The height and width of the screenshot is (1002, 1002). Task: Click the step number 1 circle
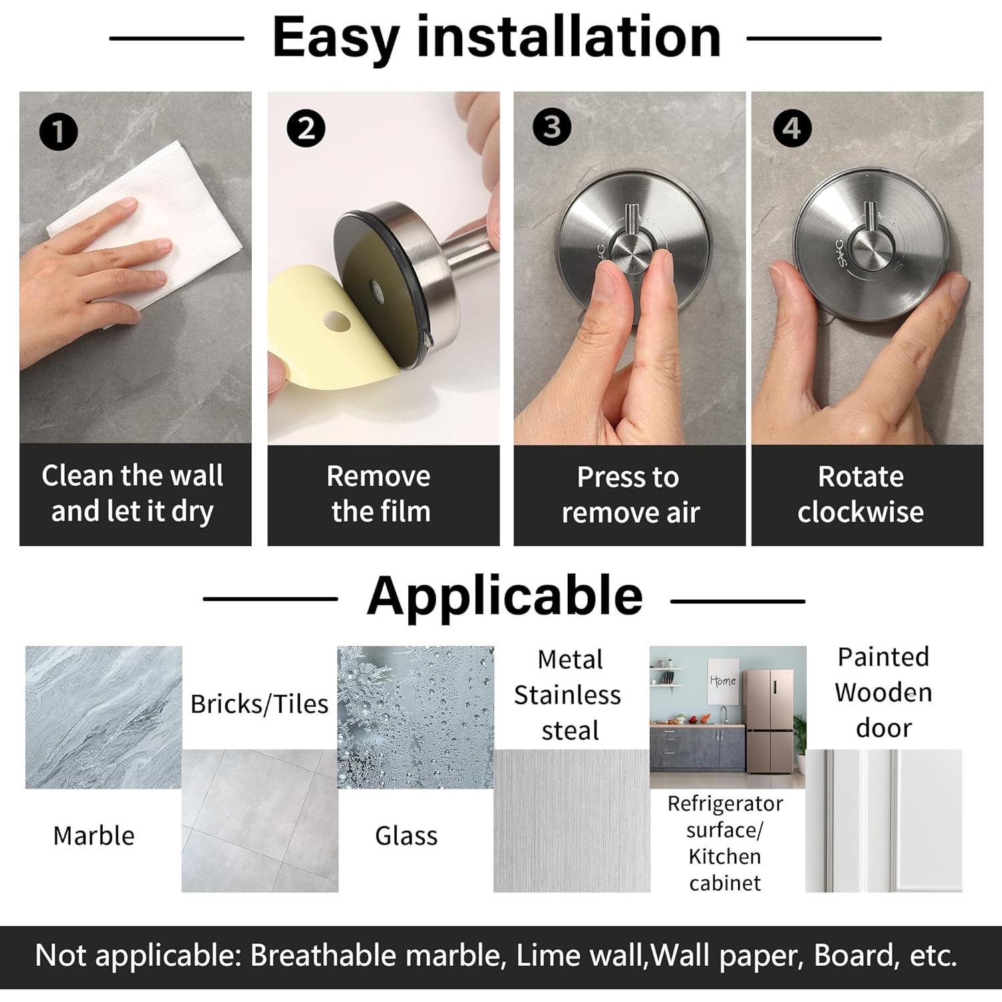click(59, 131)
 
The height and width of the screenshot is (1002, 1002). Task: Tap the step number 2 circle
click(306, 129)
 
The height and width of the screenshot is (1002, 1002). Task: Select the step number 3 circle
click(552, 127)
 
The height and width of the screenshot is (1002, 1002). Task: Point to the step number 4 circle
click(792, 128)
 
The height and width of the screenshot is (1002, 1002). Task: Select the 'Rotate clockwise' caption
click(860, 494)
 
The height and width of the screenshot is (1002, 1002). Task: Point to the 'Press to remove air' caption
click(630, 495)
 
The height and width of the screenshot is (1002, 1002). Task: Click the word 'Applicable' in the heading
click(504, 597)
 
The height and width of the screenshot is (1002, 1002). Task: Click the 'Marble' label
click(94, 836)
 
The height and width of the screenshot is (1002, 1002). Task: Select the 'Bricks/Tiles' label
click(259, 704)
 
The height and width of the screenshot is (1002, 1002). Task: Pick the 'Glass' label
click(406, 836)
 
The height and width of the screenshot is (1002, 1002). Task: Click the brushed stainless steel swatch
click(572, 820)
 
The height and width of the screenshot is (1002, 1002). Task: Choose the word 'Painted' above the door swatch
click(883, 657)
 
